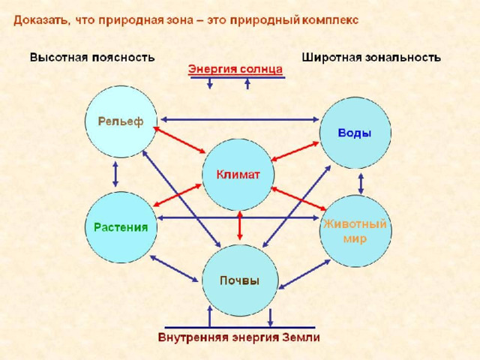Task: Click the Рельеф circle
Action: point(121,121)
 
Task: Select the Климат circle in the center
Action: point(238,175)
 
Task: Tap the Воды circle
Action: point(355,133)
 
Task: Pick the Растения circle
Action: point(121,227)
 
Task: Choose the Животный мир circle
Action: point(355,231)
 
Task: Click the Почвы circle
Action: point(240,280)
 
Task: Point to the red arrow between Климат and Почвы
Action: point(240,226)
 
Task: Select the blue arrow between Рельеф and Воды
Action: point(240,119)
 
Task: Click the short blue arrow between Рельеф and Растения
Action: point(115,174)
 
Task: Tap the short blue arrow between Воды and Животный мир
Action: point(361,184)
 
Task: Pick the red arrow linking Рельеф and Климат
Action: point(179,140)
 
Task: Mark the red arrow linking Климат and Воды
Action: point(295,151)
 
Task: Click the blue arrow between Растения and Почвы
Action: point(174,268)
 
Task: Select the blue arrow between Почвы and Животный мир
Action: point(304,274)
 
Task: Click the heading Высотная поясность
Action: point(92,58)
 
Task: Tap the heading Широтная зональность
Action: point(371,58)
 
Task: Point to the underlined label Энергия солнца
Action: point(235,69)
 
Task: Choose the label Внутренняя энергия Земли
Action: point(239,337)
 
